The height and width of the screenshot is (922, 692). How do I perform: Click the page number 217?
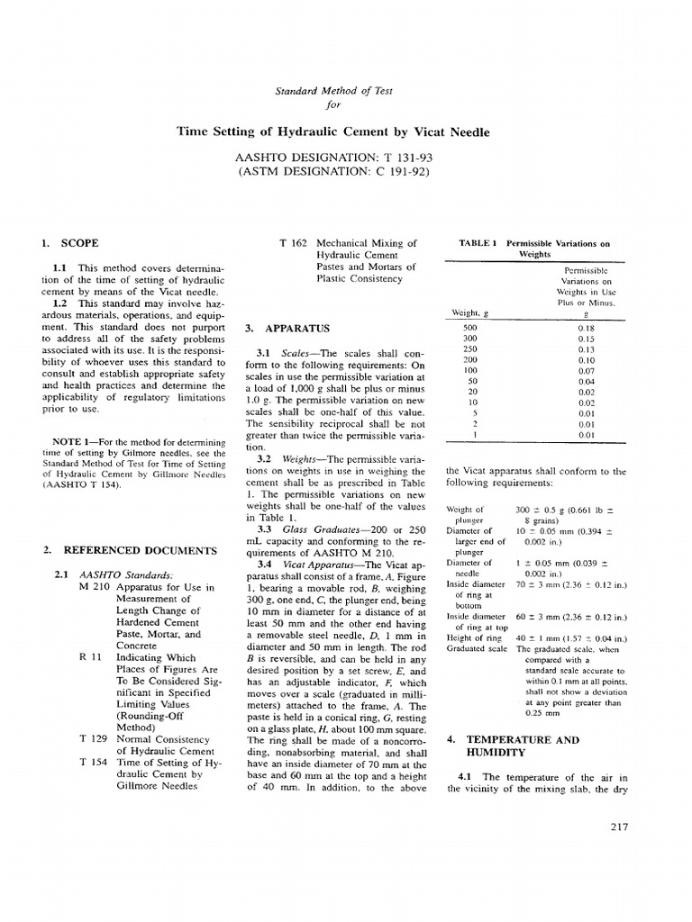(618, 827)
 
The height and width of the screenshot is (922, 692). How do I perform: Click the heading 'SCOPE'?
(79, 243)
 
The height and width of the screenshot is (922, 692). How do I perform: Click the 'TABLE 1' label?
(478, 243)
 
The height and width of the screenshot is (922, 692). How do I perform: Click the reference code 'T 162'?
(295, 243)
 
